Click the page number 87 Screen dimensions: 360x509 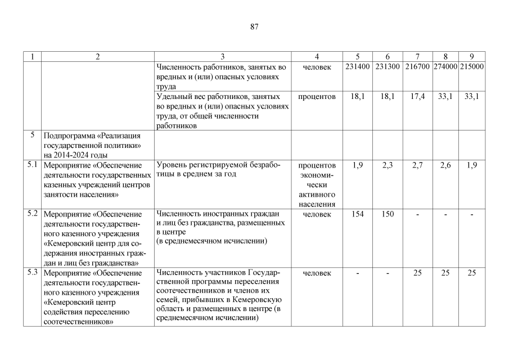pyautogui.click(x=254, y=27)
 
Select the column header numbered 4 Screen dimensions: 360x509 pyautogui.click(x=317, y=57)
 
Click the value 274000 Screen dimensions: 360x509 pyautogui.click(x=445, y=66)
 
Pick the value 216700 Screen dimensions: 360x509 pyautogui.click(x=417, y=66)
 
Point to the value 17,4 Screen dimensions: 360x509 pyautogui.click(x=417, y=97)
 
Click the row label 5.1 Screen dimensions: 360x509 pyautogui.click(x=33, y=165)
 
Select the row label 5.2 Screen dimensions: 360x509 pyautogui.click(x=33, y=214)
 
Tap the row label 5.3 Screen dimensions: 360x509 pyautogui.click(x=33, y=273)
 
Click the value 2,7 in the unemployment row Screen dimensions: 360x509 pyautogui.click(x=417, y=165)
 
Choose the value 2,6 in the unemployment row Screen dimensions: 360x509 pyautogui.click(x=445, y=165)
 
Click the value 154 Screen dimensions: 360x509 pyautogui.click(x=358, y=214)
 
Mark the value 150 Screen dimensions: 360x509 pyautogui.click(x=388, y=214)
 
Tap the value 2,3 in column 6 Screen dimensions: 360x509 pyautogui.click(x=388, y=165)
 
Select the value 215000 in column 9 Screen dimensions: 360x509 pyautogui.click(x=472, y=66)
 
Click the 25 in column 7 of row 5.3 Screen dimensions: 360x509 pyautogui.click(x=417, y=273)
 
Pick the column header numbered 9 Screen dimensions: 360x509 pyautogui.click(x=472, y=57)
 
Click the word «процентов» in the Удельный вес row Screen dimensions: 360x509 pyautogui.click(x=317, y=97)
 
